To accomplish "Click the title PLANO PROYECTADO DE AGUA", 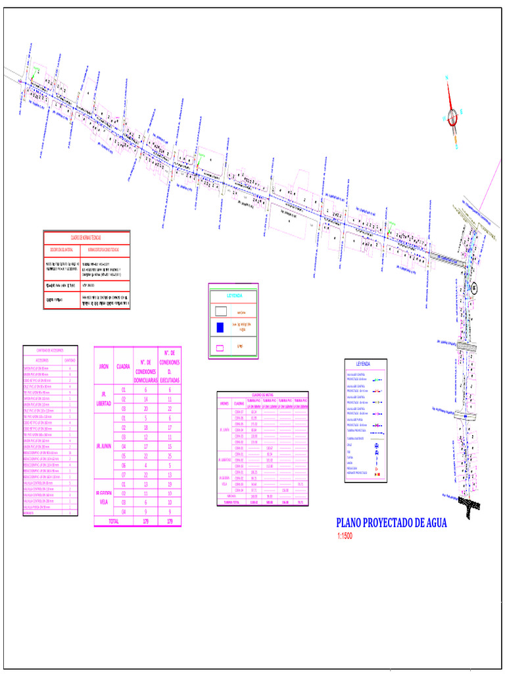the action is (x=395, y=523).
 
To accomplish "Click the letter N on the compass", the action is (x=447, y=78).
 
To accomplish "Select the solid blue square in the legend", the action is (x=222, y=326).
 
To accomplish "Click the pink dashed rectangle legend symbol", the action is (x=222, y=346).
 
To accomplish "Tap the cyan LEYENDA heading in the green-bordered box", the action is (x=235, y=296).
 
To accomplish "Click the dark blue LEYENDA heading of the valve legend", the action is (x=364, y=363).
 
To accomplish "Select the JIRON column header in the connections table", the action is (x=103, y=366).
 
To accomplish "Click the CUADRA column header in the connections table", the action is (x=123, y=366).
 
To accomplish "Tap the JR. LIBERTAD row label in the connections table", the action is (x=103, y=398).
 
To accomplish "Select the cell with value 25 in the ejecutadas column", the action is (x=170, y=455).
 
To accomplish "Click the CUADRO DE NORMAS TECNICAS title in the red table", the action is (x=86, y=236).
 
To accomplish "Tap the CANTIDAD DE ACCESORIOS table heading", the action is (x=50, y=350).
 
